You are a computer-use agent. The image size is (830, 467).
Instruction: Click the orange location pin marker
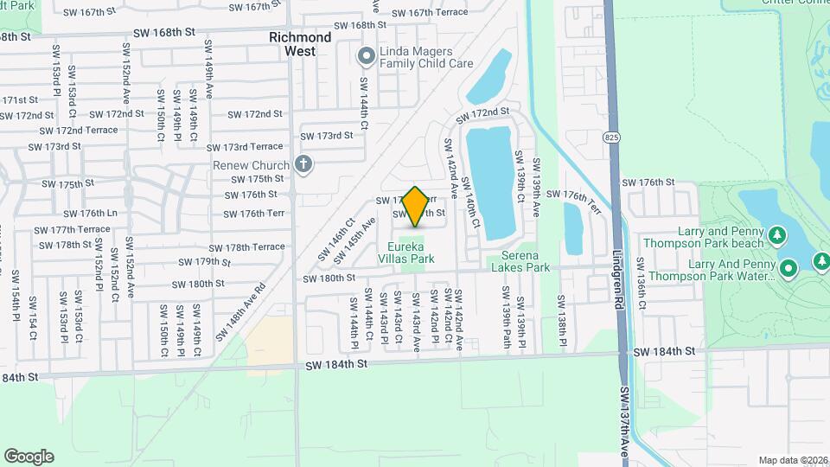[415, 206]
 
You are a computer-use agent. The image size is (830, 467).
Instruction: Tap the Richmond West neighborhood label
[300, 44]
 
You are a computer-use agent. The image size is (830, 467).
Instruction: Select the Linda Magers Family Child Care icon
[366, 56]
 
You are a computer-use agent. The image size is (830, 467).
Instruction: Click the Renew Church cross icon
[303, 164]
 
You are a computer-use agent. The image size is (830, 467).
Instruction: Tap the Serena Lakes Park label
[520, 261]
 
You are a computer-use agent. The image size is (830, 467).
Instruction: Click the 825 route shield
[612, 138]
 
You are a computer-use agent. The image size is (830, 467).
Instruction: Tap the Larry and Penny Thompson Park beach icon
[776, 234]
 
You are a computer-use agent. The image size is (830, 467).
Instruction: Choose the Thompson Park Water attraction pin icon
[788, 268]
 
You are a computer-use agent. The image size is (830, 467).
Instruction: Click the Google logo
[29, 456]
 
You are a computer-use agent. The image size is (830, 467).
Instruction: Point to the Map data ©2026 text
[792, 460]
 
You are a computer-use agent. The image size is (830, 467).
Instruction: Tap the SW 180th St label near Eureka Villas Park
[329, 278]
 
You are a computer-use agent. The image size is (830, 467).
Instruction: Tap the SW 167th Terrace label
[430, 13]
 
